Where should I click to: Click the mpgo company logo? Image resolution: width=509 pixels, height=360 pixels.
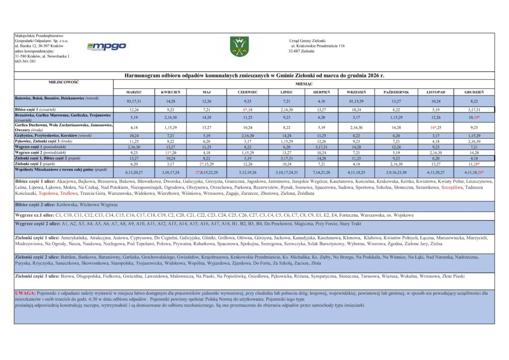[106, 46]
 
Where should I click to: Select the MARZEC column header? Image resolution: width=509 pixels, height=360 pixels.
[134, 92]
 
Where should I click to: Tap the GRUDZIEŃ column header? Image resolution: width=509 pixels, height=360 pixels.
[474, 92]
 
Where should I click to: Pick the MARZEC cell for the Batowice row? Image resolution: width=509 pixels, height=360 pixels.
[134, 101]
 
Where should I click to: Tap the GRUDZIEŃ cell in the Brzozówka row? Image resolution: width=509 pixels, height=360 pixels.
[474, 117]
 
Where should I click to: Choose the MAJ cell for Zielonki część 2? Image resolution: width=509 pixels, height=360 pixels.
[207, 163]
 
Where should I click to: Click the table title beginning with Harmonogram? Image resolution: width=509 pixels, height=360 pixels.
[254, 76]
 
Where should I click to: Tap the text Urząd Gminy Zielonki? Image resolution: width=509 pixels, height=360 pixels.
[307, 40]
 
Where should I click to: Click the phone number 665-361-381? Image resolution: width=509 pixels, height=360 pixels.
[25, 61]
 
